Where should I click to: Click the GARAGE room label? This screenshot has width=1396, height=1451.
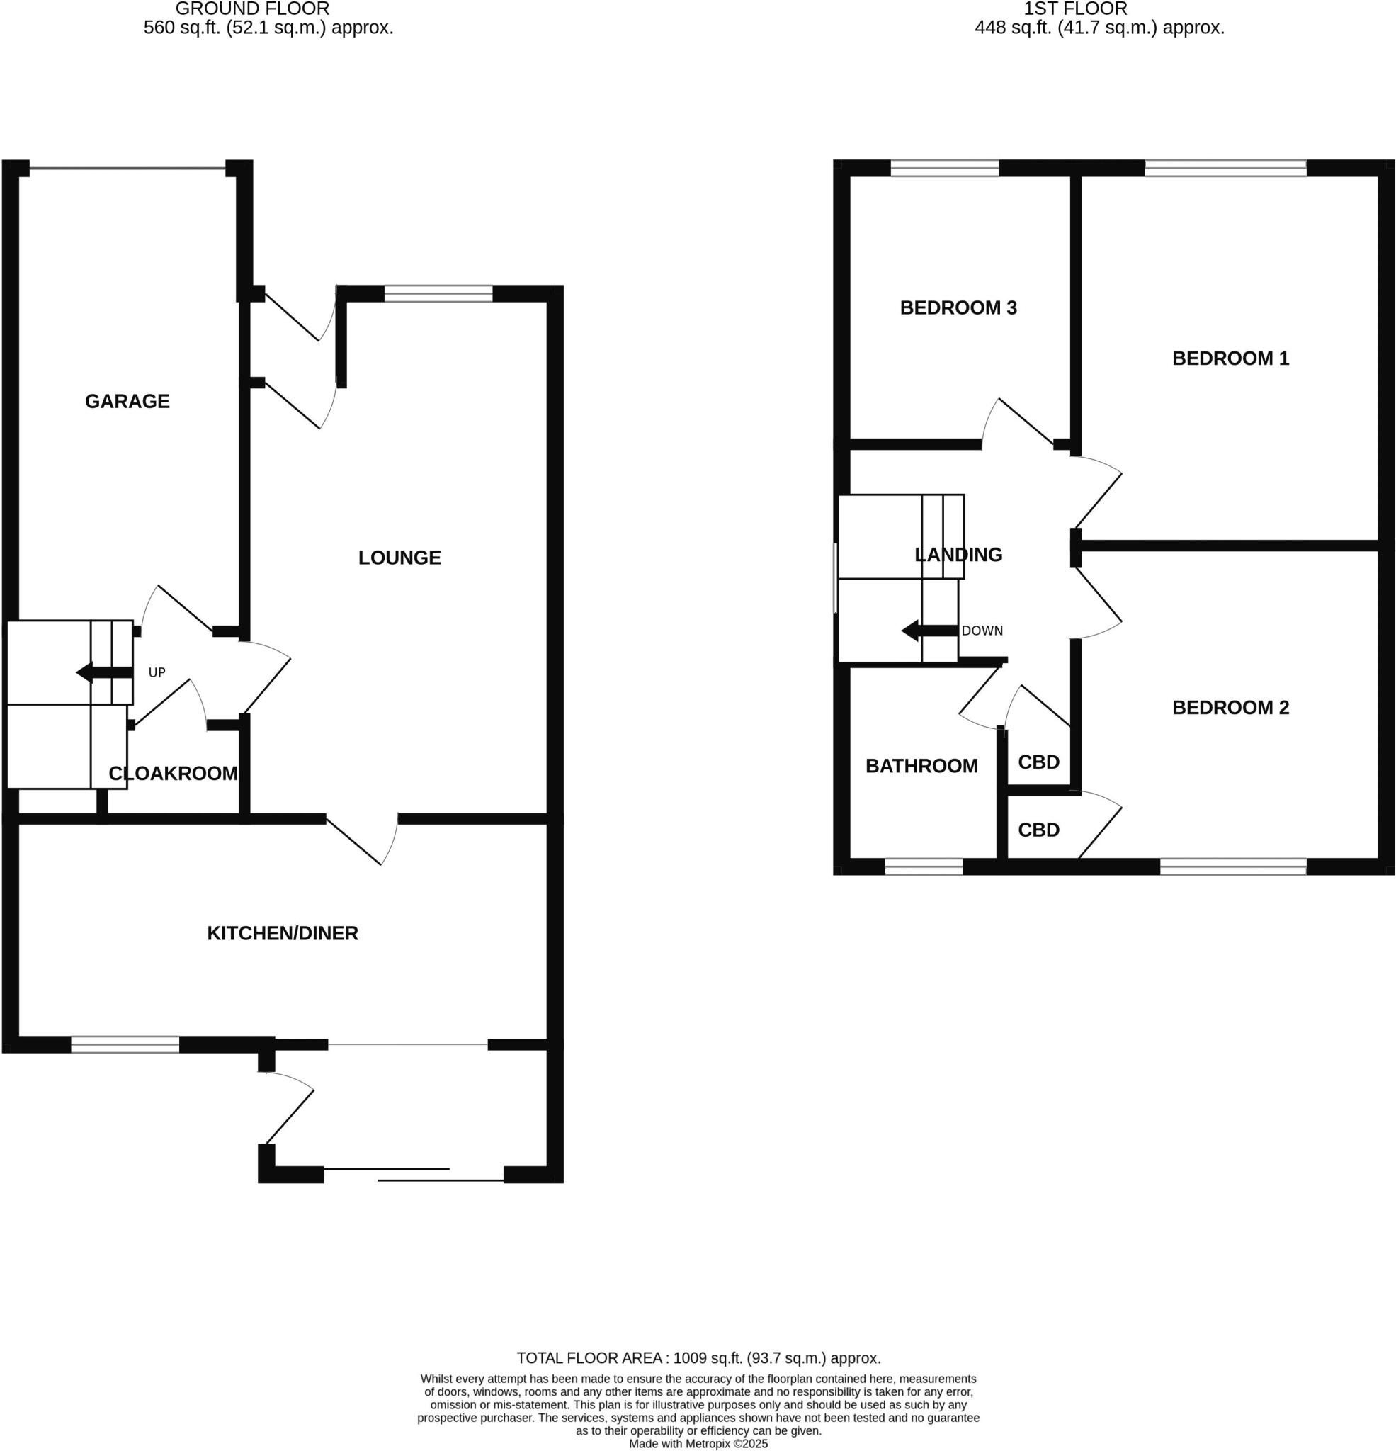(127, 401)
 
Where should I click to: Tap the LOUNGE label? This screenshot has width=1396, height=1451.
(399, 558)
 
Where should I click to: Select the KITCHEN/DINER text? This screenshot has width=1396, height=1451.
(282, 933)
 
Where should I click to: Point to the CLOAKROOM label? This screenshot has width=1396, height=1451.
(173, 774)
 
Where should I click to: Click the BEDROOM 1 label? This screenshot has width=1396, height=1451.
(1230, 358)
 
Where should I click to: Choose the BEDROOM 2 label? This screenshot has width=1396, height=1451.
(1230, 707)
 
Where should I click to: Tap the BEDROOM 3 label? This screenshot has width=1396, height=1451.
(958, 308)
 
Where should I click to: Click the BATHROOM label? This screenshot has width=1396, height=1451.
(921, 765)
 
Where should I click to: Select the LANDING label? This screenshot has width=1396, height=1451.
(958, 555)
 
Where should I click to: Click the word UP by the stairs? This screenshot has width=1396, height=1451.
(157, 672)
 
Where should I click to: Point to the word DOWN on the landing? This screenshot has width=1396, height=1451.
(982, 631)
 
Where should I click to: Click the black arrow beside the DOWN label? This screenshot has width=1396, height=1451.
(929, 631)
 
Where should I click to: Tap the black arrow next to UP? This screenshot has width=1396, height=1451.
(104, 672)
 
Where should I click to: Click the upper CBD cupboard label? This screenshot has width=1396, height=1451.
(1038, 762)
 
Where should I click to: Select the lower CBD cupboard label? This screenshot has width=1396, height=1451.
(1038, 830)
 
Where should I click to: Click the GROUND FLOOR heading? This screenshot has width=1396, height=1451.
(252, 9)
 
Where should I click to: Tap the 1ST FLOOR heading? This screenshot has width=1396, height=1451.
(1074, 9)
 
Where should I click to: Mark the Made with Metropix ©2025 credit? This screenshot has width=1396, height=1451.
(698, 1444)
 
